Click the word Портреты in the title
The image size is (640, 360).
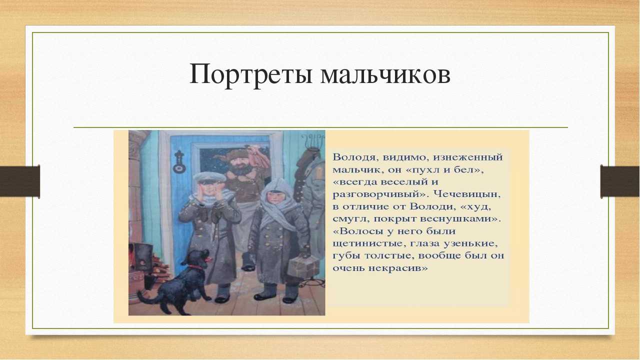[250, 74]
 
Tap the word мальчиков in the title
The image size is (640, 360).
[385, 74]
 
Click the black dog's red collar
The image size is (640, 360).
[196, 267]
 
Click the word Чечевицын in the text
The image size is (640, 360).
[467, 194]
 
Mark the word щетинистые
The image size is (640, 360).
[368, 243]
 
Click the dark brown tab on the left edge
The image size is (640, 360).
[19, 181]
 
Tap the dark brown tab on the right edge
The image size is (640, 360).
[619, 181]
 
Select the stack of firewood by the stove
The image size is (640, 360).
[160, 267]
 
